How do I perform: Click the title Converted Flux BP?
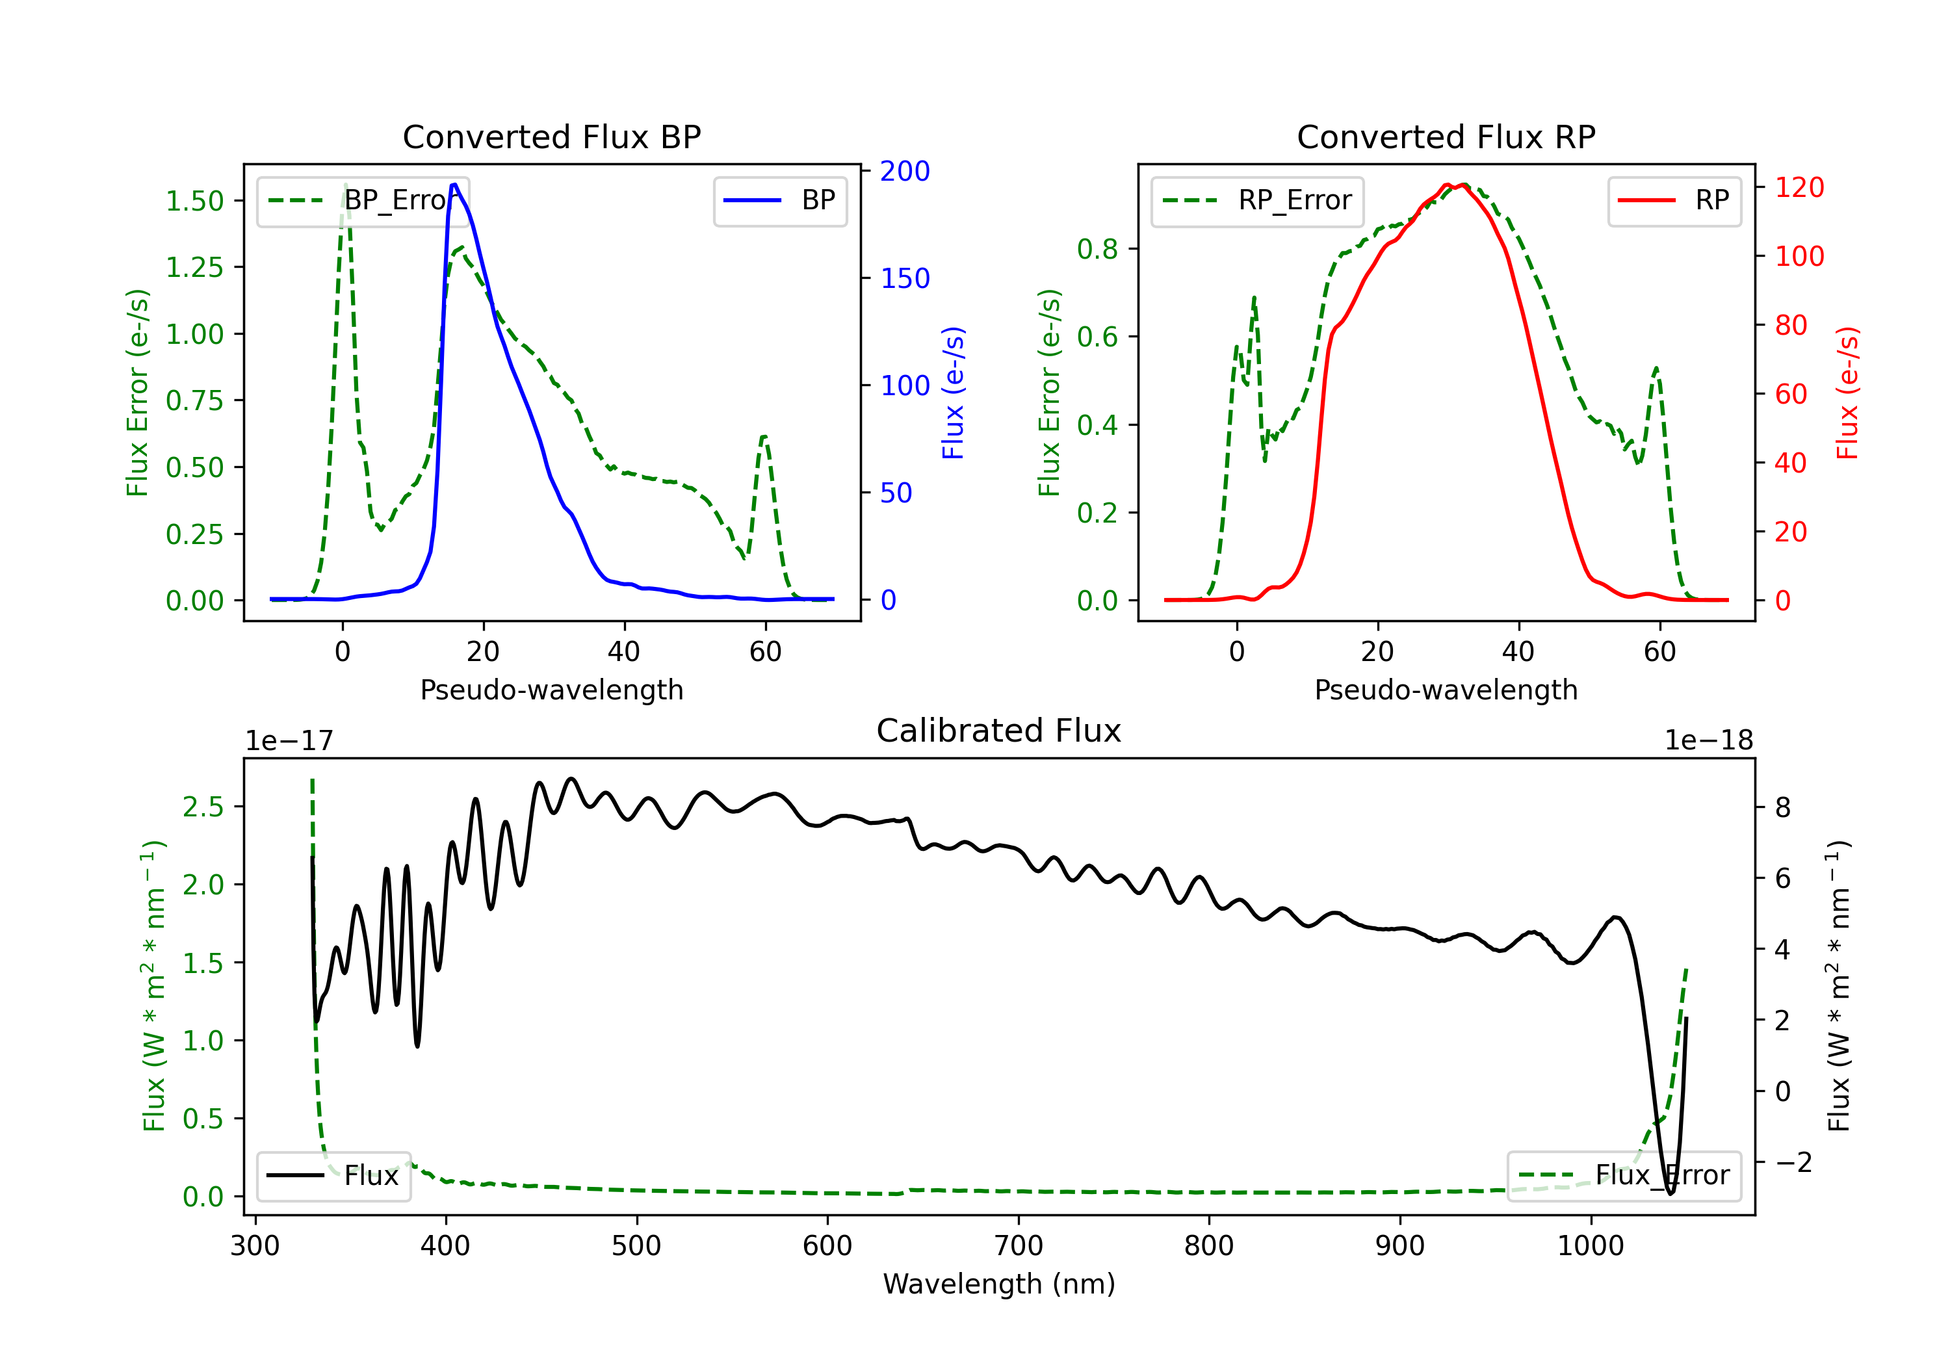(x=552, y=136)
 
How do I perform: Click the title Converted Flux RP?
(x=1446, y=136)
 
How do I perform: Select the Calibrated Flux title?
(x=999, y=731)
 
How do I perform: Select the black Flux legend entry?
(x=333, y=1176)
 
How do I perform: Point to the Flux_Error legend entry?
(x=1624, y=1176)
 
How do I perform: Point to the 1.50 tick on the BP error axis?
(x=194, y=201)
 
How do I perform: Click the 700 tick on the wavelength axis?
(x=1019, y=1246)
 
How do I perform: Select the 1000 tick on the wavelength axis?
(x=1591, y=1246)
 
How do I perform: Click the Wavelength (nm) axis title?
(x=999, y=1284)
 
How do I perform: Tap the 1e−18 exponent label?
(x=1709, y=741)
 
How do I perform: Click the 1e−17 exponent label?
(x=290, y=741)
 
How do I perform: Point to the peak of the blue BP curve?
(x=454, y=185)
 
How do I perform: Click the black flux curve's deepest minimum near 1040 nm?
(x=1670, y=1193)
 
